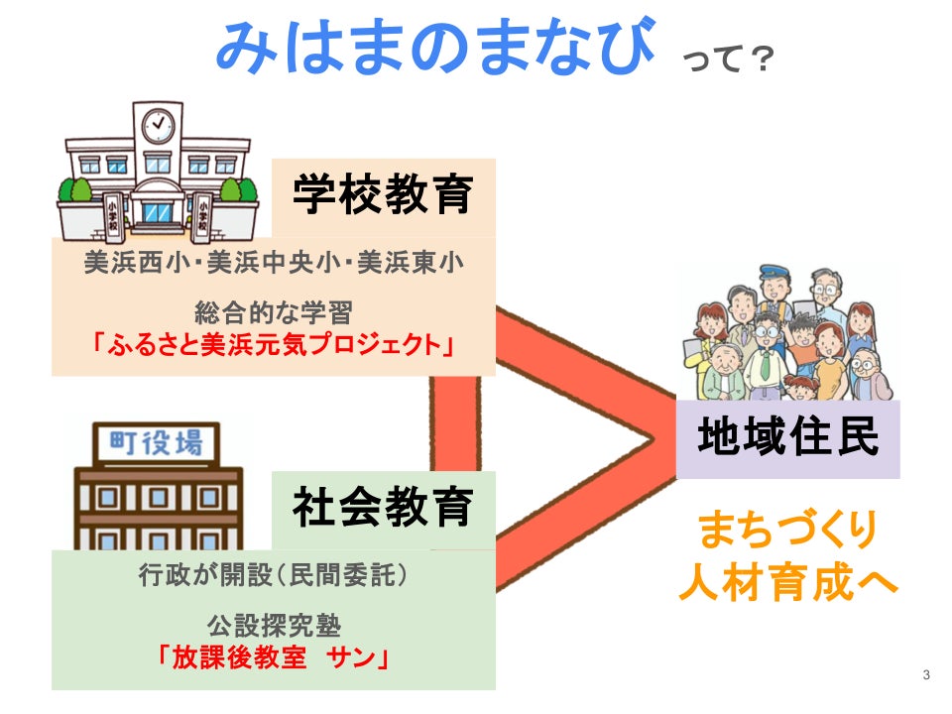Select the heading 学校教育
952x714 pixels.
tap(382, 195)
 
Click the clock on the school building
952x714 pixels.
tap(158, 125)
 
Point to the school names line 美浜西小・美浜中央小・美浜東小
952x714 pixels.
tap(274, 264)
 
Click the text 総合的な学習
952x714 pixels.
tap(274, 314)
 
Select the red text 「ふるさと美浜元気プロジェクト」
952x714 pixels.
tap(274, 345)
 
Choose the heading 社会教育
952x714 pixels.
tap(382, 508)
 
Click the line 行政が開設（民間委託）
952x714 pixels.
tap(274, 574)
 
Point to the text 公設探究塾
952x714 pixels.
tap(274, 626)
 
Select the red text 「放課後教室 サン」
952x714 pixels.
tap(274, 657)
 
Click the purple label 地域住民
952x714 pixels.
tap(787, 436)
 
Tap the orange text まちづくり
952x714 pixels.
tap(787, 531)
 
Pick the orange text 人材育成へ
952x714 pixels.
tap(787, 581)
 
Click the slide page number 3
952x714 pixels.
tap(926, 675)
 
